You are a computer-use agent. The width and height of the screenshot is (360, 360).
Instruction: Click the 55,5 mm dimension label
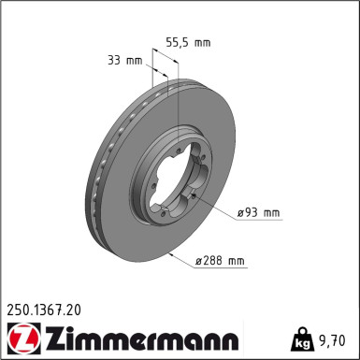pyautogui.click(x=188, y=43)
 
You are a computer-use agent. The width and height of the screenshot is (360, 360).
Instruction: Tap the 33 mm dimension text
pyautogui.click(x=125, y=62)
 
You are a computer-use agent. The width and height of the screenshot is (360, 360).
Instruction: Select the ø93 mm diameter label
pyautogui.click(x=258, y=213)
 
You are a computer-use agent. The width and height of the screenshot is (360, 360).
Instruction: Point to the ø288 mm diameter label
pyautogui.click(x=221, y=261)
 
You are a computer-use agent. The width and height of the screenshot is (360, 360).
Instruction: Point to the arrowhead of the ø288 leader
pyautogui.click(x=166, y=252)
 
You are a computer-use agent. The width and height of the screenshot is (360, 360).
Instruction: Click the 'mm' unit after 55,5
pyautogui.click(x=201, y=43)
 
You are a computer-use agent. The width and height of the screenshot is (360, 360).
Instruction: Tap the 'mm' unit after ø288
pyautogui.click(x=237, y=261)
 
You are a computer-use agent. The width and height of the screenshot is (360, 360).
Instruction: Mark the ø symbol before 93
pyautogui.click(x=240, y=213)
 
